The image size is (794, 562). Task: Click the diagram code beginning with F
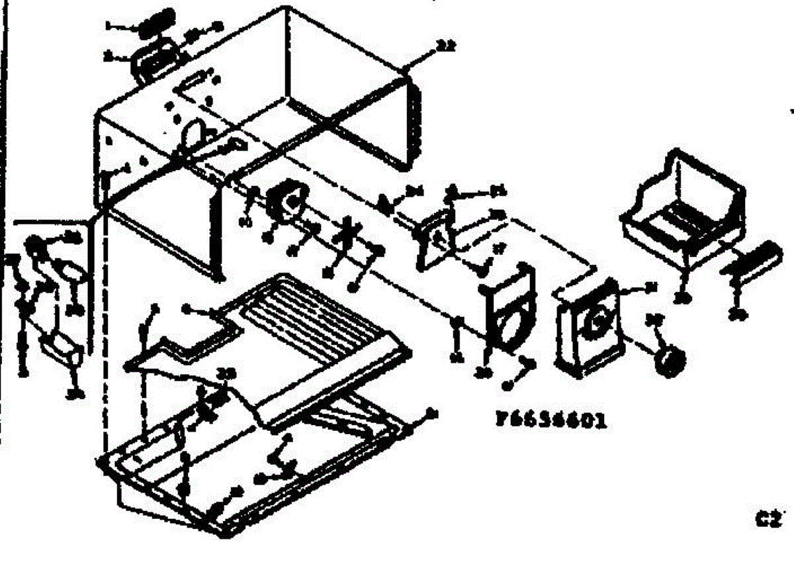551,420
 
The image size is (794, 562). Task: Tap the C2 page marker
770,518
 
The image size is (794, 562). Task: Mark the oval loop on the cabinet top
191,135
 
